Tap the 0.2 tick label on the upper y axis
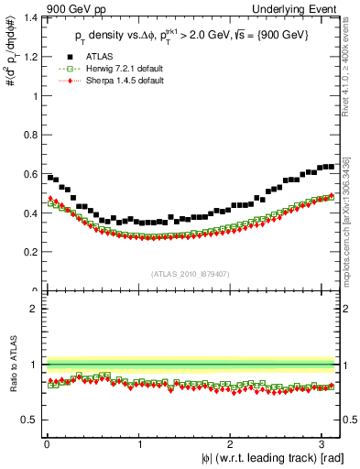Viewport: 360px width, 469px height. pyautogui.click(x=28, y=252)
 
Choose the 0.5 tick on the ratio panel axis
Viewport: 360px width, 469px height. pyautogui.click(x=28, y=420)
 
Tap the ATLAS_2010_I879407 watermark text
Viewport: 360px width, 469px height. pyautogui.click(x=191, y=272)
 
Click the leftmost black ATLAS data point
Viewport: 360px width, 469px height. pyautogui.click(x=49, y=177)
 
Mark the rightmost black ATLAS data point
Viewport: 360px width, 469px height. pyautogui.click(x=331, y=166)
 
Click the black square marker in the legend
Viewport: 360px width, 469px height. pyautogui.click(x=64, y=57)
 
